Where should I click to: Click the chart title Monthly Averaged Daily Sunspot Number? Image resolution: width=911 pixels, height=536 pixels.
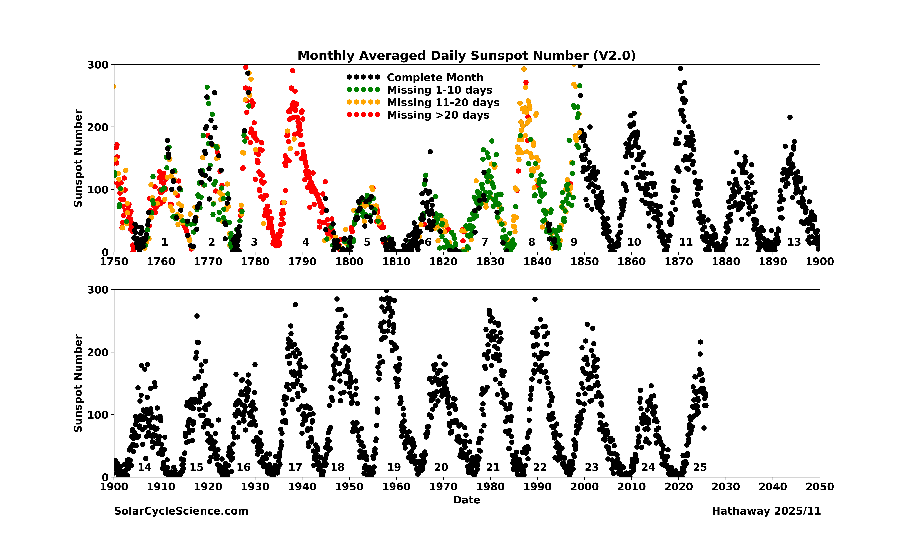click(466, 56)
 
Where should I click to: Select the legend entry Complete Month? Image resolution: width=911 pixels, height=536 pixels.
click(435, 77)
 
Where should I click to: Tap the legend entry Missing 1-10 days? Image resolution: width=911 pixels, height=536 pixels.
click(439, 90)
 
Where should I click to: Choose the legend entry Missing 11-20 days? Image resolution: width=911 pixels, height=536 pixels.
click(443, 103)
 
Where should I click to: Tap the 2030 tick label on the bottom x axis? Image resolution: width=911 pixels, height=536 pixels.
click(726, 487)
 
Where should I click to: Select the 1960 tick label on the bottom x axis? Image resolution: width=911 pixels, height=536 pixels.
click(396, 487)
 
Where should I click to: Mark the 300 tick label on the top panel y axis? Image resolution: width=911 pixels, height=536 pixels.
click(98, 65)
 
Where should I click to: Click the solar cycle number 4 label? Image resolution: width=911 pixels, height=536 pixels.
click(306, 242)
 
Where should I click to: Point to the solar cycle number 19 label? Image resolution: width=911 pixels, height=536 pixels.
click(394, 467)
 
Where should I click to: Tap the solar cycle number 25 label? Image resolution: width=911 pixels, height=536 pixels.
click(700, 467)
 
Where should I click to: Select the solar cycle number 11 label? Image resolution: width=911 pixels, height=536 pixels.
click(686, 242)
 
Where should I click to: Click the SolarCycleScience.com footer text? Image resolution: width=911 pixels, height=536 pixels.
click(181, 511)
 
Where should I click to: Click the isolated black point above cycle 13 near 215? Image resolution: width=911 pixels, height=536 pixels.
click(790, 117)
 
